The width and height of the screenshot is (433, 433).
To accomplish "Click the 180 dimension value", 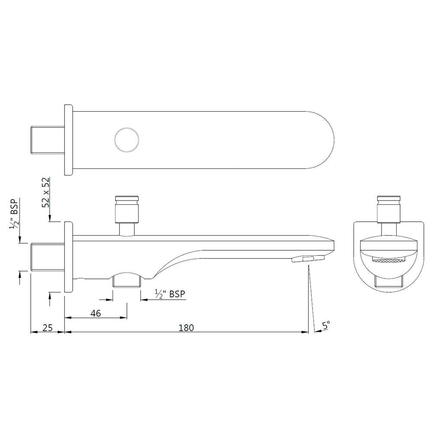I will (x=186, y=327).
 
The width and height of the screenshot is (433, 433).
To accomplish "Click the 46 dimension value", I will (x=96, y=313).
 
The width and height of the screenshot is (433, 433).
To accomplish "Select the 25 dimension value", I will (x=48, y=327).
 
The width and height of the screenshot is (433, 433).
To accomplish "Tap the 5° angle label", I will (x=326, y=324).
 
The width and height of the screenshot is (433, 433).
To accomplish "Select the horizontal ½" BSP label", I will (x=170, y=294).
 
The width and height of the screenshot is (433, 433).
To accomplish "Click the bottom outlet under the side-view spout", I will (x=126, y=281).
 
